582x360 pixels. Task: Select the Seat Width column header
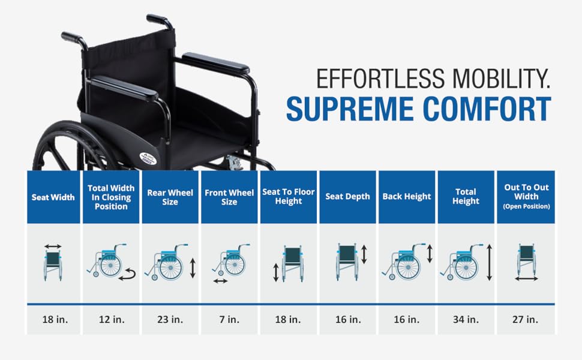pyautogui.click(x=53, y=197)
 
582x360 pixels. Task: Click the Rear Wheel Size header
pyautogui.click(x=170, y=197)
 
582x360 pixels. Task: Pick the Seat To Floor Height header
pyautogui.click(x=289, y=196)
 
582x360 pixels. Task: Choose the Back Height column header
pyautogui.click(x=407, y=196)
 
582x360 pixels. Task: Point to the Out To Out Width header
pyautogui.click(x=526, y=196)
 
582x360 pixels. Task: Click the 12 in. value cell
pyautogui.click(x=112, y=319)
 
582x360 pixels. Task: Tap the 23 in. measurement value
pyautogui.click(x=170, y=319)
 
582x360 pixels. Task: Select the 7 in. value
pyautogui.click(x=229, y=319)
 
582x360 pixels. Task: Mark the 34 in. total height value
pyautogui.click(x=466, y=319)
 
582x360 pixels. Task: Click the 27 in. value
pyautogui.click(x=525, y=319)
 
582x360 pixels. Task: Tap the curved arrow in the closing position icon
pyautogui.click(x=127, y=275)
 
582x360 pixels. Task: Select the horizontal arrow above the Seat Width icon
pyautogui.click(x=53, y=246)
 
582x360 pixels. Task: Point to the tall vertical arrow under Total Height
pyautogui.click(x=489, y=262)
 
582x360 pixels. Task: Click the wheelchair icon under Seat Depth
pyautogui.click(x=347, y=262)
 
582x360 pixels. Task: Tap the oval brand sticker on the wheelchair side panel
pyautogui.click(x=148, y=157)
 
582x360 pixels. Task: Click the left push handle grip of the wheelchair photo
pyautogui.click(x=73, y=37)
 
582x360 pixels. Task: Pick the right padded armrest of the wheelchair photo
pyautogui.click(x=215, y=62)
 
